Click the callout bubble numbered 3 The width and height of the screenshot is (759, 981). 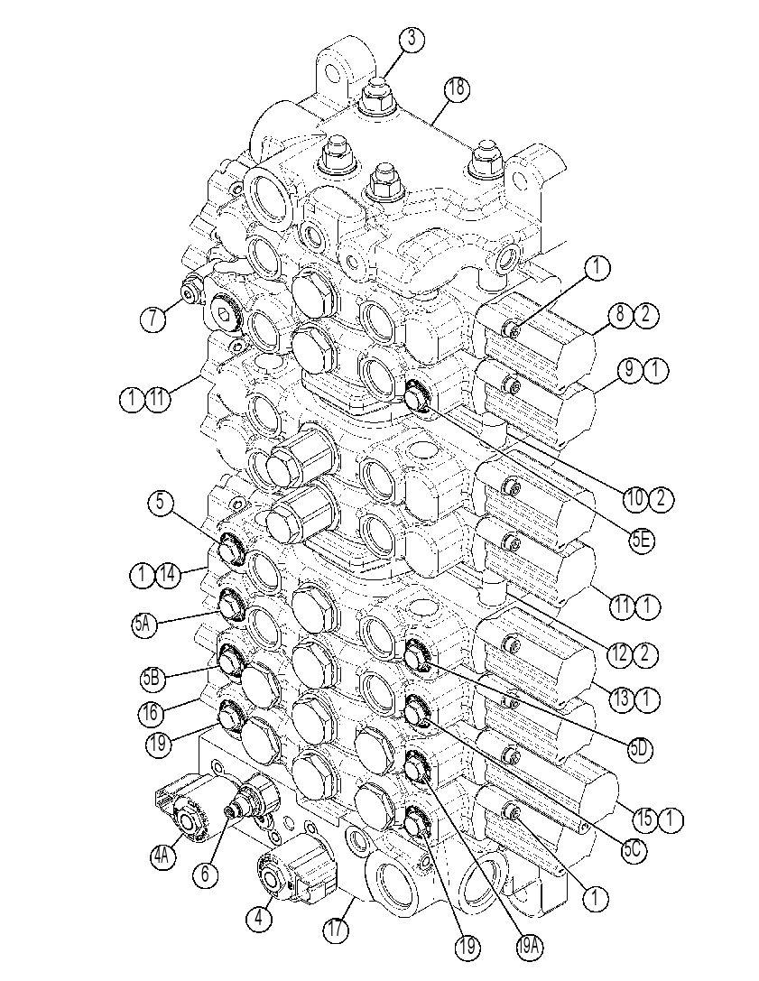[411, 39]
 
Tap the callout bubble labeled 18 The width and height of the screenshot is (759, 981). [457, 88]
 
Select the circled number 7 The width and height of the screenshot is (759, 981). [153, 319]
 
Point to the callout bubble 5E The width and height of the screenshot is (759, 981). [642, 541]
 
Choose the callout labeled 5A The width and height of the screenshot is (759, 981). [145, 624]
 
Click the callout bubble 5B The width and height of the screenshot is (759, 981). [153, 680]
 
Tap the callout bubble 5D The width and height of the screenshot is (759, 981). [640, 748]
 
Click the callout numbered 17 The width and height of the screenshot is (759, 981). [336, 929]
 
